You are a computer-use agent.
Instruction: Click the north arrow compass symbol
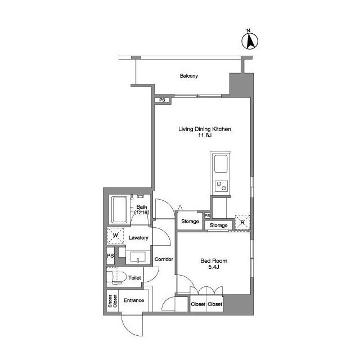(250, 40)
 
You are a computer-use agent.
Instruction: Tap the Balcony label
(189, 76)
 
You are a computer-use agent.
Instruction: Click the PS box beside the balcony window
(163, 100)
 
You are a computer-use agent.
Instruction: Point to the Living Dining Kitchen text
(205, 129)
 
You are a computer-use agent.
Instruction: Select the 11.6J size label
(205, 136)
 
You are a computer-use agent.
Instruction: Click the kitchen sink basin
(221, 164)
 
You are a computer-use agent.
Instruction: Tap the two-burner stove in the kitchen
(222, 186)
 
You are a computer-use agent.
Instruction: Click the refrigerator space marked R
(242, 222)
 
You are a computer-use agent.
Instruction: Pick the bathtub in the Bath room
(119, 210)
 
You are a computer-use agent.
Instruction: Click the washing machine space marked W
(115, 236)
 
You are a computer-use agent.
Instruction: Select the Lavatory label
(138, 238)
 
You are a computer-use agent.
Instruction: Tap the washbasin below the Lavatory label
(138, 257)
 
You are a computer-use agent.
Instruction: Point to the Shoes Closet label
(112, 301)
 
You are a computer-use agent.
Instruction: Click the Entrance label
(134, 300)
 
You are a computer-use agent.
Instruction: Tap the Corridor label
(164, 259)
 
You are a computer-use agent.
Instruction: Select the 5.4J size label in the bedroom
(214, 267)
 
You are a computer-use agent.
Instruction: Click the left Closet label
(198, 304)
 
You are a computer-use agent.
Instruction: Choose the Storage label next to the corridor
(190, 221)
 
